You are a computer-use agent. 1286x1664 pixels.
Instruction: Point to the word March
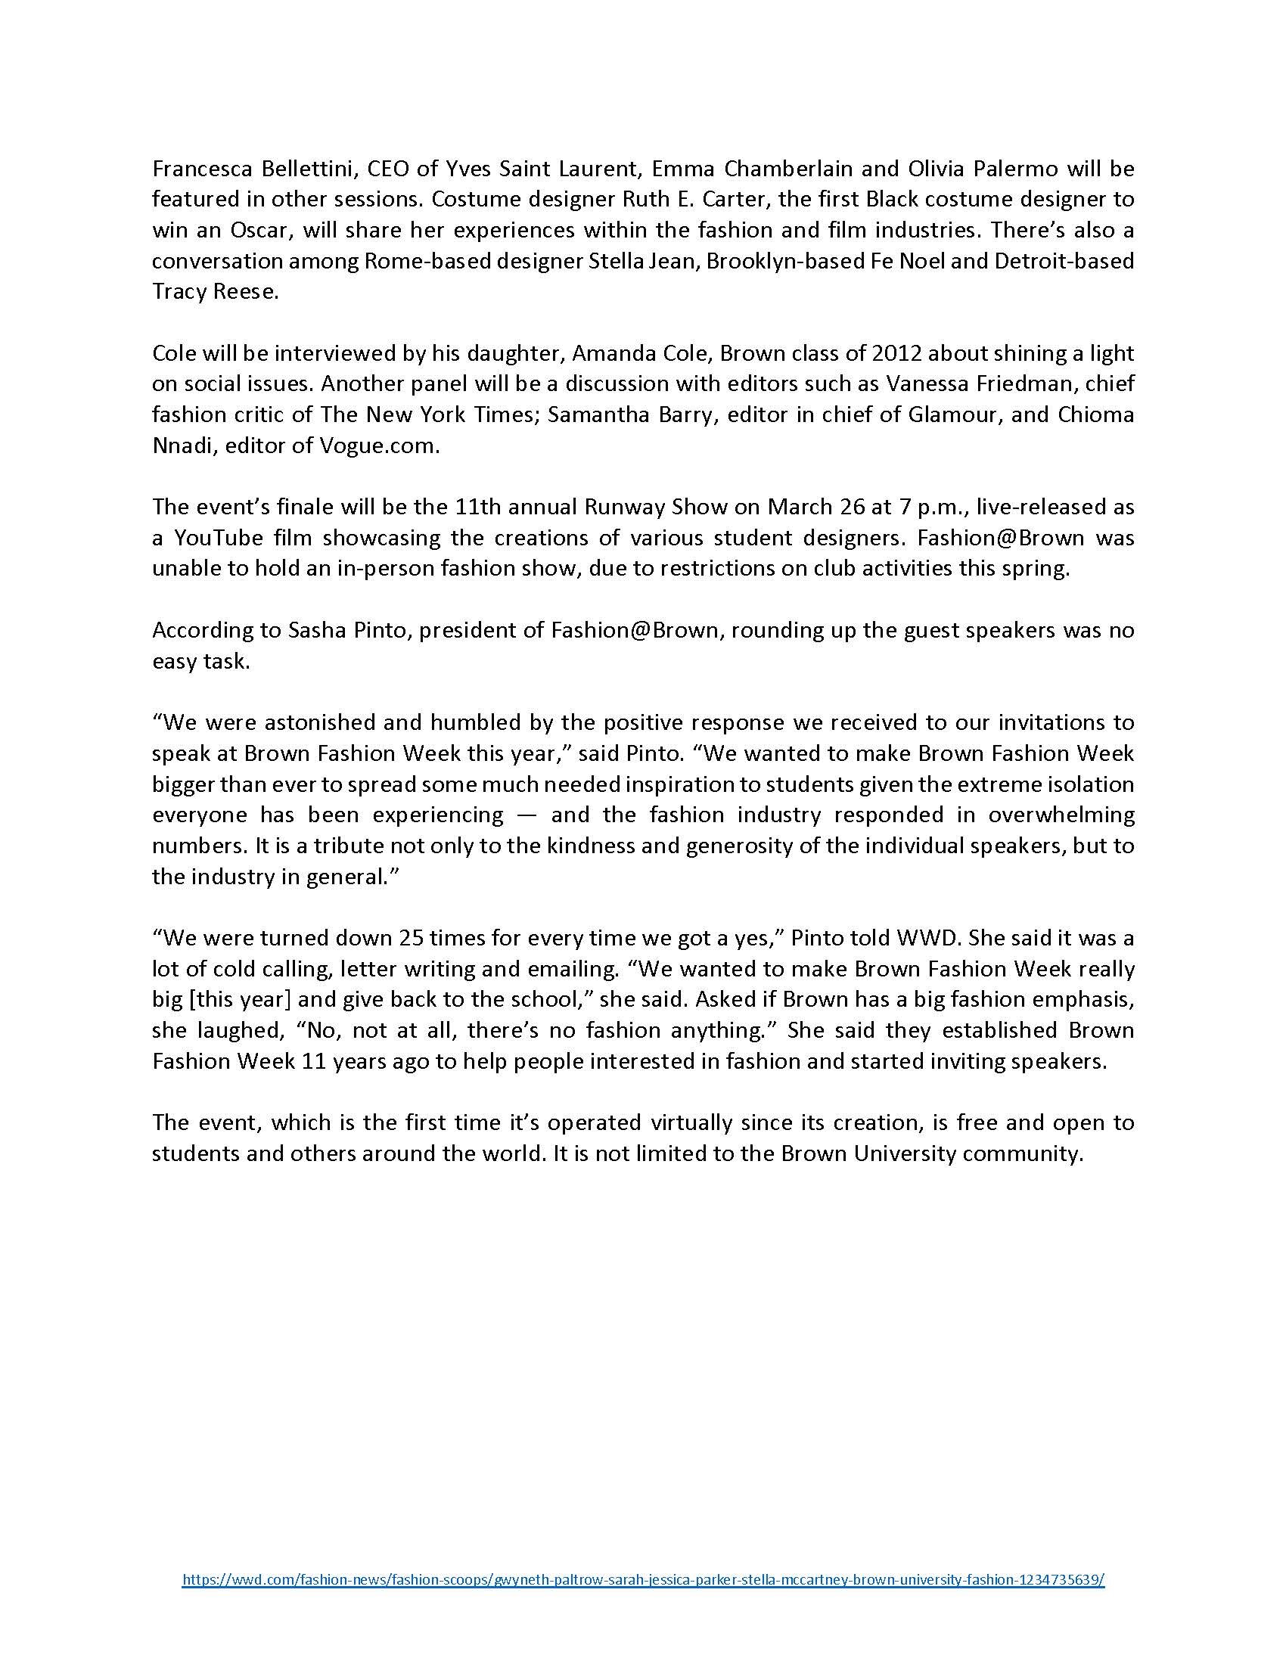[x=797, y=507]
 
